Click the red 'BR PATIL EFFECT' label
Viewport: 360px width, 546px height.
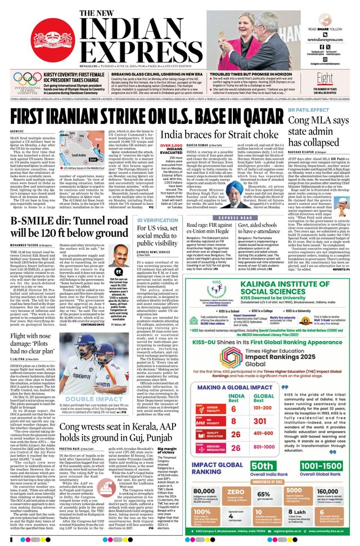(x=305, y=109)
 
